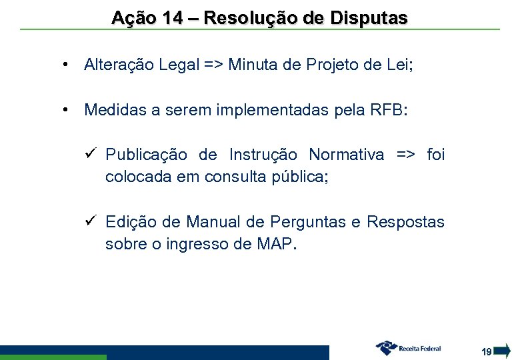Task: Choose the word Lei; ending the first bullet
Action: [399, 65]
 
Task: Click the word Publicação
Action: [147, 155]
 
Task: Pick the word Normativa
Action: [346, 155]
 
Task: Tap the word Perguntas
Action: [305, 222]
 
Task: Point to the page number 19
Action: [487, 351]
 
